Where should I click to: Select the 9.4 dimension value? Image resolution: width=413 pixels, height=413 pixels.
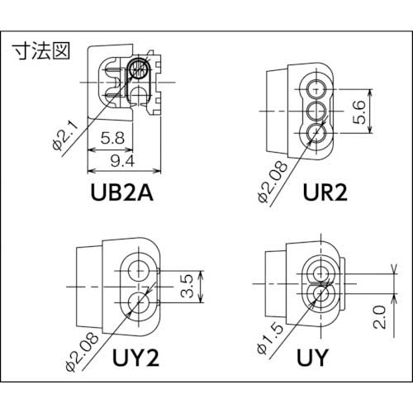click(122, 161)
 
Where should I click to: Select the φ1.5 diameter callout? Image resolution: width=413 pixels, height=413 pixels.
click(267, 337)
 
